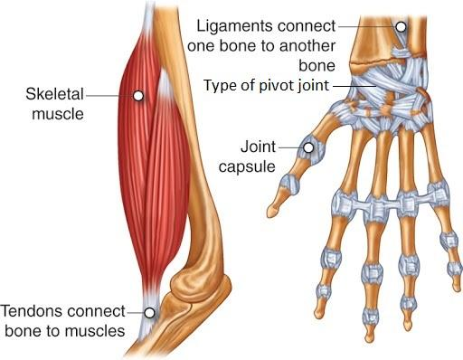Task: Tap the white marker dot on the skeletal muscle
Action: coord(138,94)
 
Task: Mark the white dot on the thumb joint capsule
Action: coord(308,146)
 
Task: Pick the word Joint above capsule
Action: coord(259,146)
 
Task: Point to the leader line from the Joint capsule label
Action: coord(289,146)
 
